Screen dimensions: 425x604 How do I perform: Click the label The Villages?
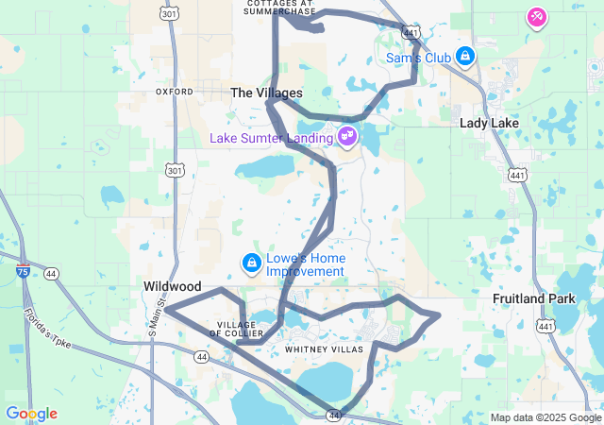[x=267, y=93]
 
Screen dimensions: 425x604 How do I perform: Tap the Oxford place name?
[x=174, y=92]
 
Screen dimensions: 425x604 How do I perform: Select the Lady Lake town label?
[x=485, y=123]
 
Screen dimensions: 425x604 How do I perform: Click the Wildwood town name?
[x=173, y=285]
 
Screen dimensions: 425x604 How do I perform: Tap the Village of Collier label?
[x=230, y=329]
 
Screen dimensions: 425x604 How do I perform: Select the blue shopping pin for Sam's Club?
[x=464, y=57]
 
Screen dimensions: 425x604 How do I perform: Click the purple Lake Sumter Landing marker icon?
[x=347, y=137]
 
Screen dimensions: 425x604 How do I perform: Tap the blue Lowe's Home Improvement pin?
[x=252, y=262]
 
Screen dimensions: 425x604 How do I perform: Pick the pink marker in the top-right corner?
[x=536, y=17]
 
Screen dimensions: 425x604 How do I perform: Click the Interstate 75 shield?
[x=23, y=272]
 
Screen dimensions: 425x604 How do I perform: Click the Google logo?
[x=31, y=414]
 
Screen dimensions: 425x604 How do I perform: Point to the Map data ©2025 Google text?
[x=545, y=417]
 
